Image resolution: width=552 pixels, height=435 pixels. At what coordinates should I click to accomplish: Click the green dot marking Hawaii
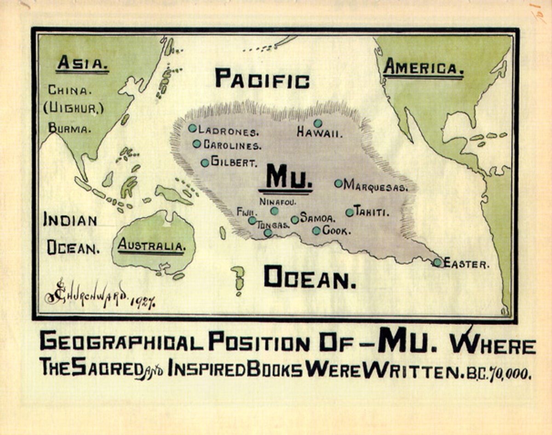click(317, 123)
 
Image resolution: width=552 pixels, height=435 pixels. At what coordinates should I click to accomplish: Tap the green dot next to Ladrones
click(192, 128)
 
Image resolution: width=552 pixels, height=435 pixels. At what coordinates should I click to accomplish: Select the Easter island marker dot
click(437, 262)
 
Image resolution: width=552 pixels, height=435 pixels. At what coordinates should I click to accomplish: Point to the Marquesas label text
click(376, 186)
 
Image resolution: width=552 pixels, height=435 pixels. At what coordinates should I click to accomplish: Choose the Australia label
click(151, 246)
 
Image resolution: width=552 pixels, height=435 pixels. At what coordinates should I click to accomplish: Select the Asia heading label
click(82, 64)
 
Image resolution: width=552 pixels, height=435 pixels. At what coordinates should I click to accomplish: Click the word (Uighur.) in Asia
click(74, 109)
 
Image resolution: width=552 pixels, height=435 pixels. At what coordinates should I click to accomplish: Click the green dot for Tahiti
click(350, 212)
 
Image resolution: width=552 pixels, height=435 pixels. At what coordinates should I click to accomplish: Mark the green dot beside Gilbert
click(205, 162)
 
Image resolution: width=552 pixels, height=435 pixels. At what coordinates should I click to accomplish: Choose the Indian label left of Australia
click(70, 220)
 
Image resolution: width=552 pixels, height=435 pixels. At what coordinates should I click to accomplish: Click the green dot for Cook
click(316, 231)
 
